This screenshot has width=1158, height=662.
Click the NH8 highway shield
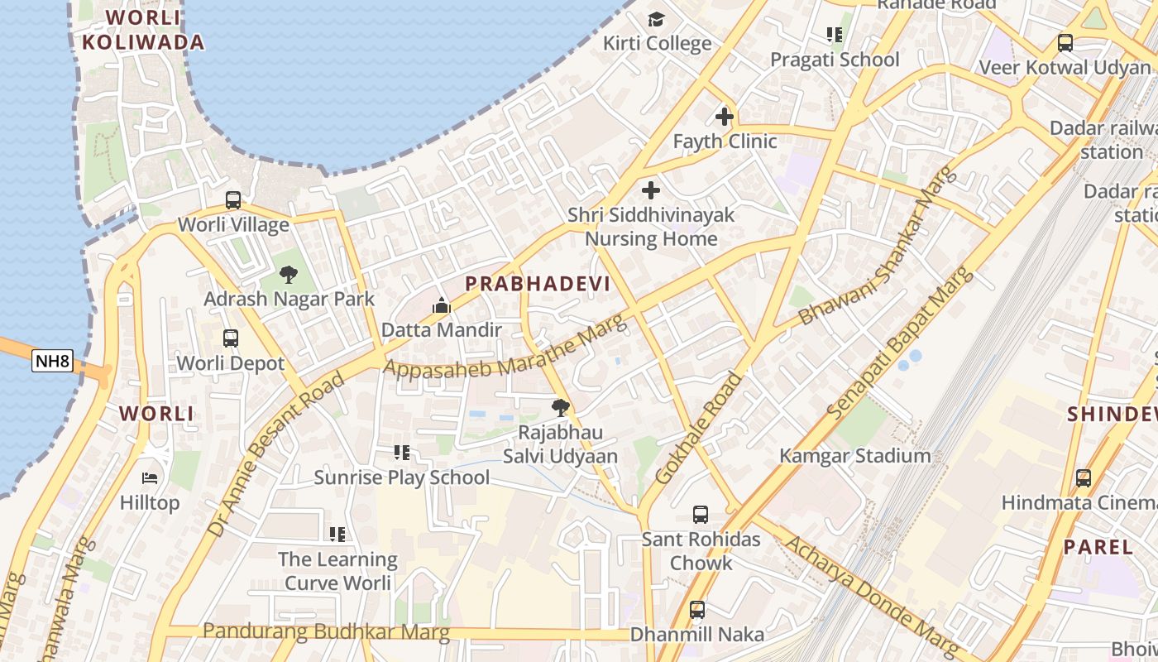tap(52, 361)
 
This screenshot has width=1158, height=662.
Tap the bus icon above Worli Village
tap(233, 200)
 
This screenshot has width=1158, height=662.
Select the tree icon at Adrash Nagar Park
tap(289, 275)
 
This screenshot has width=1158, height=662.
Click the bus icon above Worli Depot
tap(231, 338)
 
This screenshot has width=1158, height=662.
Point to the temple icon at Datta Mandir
tap(441, 306)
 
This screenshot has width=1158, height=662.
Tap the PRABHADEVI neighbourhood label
tap(538, 284)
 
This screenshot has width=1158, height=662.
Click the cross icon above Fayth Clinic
tap(725, 117)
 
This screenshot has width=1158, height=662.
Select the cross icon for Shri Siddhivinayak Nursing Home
tap(651, 190)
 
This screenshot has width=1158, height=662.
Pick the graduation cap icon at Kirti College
tap(656, 19)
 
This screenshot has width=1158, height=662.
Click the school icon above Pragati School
tap(834, 35)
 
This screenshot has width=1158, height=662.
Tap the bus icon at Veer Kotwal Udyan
tap(1065, 43)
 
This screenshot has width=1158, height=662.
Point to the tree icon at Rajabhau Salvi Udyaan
tap(561, 407)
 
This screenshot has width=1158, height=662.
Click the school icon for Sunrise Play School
tap(402, 453)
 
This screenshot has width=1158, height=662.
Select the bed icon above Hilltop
tap(150, 478)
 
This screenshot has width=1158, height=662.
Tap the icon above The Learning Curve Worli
tap(337, 535)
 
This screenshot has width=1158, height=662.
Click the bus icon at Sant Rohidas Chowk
tap(701, 515)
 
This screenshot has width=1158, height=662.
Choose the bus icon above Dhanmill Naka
tap(697, 610)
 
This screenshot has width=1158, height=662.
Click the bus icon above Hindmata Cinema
tap(1083, 477)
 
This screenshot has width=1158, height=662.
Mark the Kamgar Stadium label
tap(854, 456)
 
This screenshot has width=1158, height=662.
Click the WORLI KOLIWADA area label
tap(143, 30)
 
